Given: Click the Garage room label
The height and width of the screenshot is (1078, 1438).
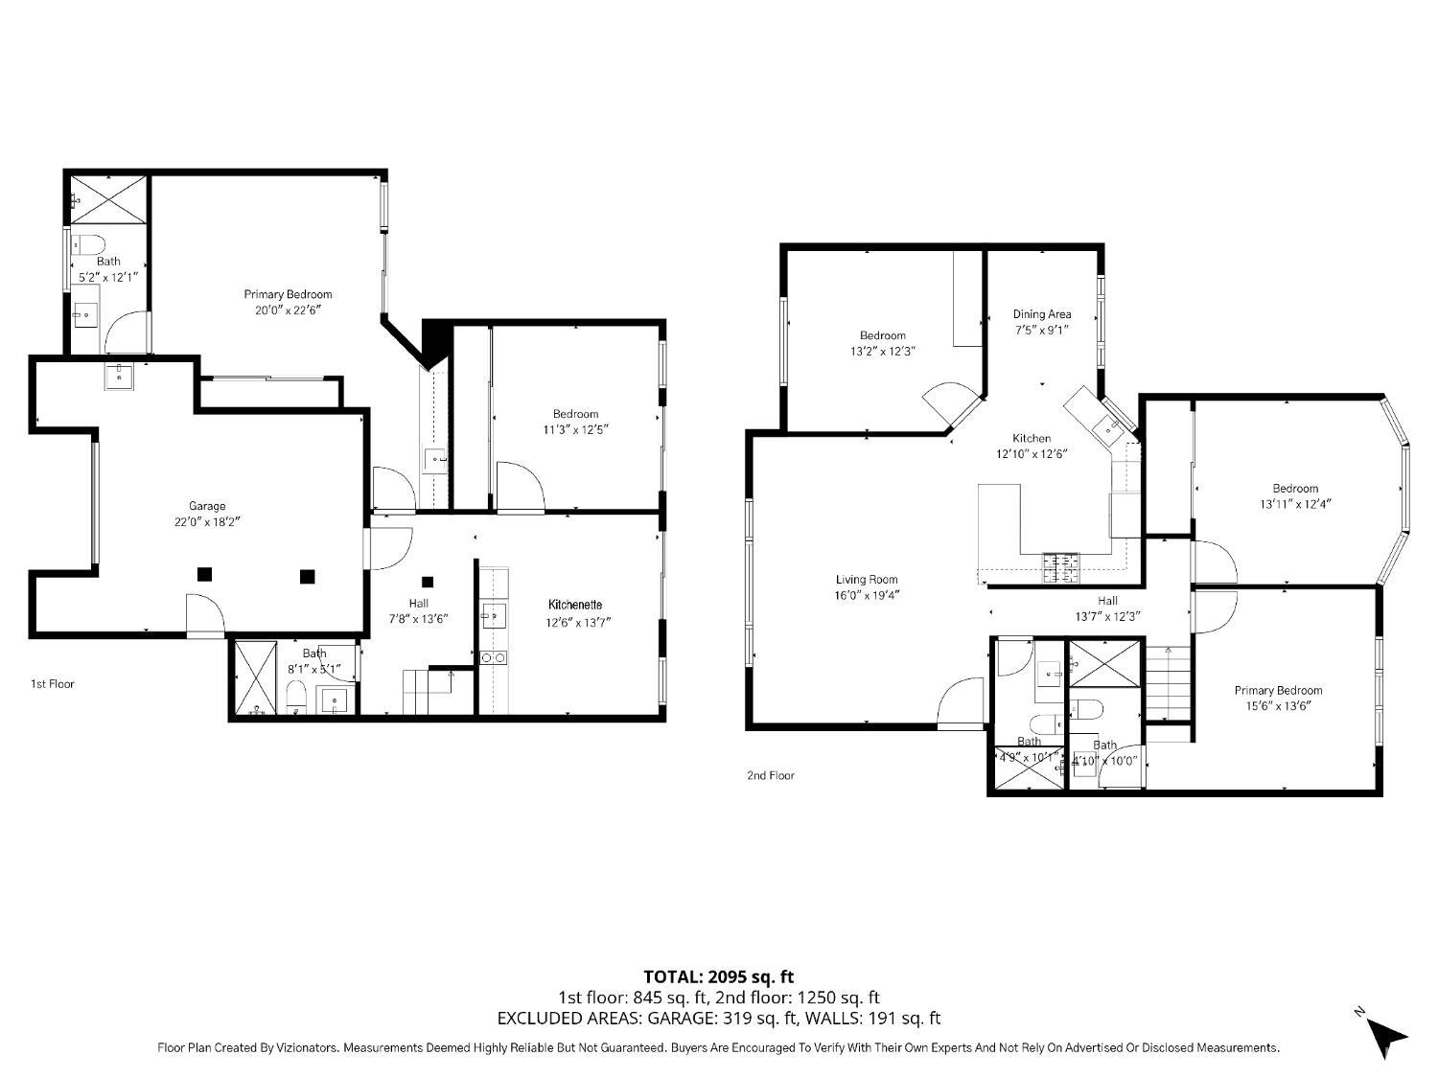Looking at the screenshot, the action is (x=207, y=506).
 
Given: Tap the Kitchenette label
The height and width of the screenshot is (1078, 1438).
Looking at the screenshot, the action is (x=574, y=605).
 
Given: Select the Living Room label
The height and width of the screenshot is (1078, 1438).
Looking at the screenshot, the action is (x=866, y=580).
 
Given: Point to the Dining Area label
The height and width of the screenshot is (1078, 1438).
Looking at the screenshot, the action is (x=1042, y=314).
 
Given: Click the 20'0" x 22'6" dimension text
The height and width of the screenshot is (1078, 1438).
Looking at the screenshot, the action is (x=289, y=310).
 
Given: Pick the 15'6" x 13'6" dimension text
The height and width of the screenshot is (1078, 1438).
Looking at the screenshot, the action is (x=1278, y=706).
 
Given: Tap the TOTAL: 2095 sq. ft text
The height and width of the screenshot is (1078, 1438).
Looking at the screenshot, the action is (x=719, y=977).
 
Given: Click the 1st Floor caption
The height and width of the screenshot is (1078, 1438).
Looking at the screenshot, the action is (x=53, y=684).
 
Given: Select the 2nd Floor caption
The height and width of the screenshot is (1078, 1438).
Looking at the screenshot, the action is (x=771, y=775).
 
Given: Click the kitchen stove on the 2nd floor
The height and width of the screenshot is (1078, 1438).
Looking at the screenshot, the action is (x=1060, y=568).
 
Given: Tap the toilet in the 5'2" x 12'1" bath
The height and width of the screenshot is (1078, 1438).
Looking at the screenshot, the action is (x=88, y=244).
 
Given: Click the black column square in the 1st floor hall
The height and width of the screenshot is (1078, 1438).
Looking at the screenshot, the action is (x=428, y=582).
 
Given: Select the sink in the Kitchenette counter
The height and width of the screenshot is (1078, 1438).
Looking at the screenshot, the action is (x=494, y=616).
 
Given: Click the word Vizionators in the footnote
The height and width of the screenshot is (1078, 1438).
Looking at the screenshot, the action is (x=308, y=1048).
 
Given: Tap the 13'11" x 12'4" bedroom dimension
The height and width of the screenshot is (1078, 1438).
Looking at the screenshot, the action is (x=1295, y=505).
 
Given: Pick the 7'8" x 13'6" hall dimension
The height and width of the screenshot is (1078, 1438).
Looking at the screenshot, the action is (x=419, y=619).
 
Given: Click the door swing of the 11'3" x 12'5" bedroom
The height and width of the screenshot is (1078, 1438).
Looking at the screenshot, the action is (x=521, y=486).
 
